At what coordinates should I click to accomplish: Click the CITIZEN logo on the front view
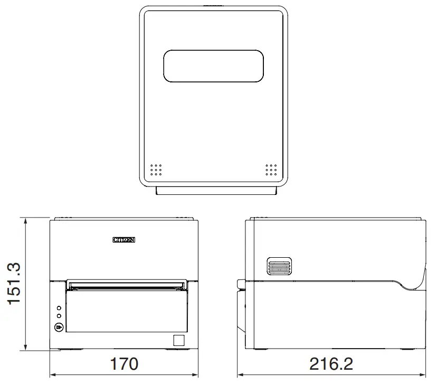coord(124,240)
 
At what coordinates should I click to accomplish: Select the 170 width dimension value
coord(123,364)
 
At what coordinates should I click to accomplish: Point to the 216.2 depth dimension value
coord(331,364)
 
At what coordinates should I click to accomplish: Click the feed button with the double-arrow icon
coord(59,328)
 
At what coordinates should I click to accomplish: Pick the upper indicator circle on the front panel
coord(59,307)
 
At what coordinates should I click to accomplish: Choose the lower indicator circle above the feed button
coord(59,316)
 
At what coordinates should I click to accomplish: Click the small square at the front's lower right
coord(179,340)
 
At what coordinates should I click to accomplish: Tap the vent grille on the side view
coord(279,267)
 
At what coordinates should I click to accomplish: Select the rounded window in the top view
coord(213,67)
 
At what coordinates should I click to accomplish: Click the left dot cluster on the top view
coord(156,170)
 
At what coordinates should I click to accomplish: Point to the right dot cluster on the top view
coord(271,170)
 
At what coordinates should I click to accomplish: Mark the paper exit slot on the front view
coord(127,285)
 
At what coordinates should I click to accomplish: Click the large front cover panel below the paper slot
coord(127,312)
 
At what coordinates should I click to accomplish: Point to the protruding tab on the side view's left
coord(240,284)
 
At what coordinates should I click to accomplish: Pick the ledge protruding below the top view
coord(216,191)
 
